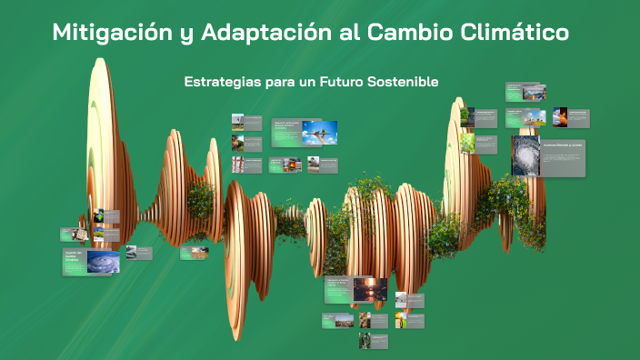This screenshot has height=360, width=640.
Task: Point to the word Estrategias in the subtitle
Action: [220, 82]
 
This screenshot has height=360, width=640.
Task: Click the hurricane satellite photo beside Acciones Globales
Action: [525, 155]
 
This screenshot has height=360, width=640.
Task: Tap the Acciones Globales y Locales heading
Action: [564, 145]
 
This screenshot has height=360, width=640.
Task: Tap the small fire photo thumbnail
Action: [560, 116]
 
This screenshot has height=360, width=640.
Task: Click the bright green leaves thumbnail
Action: [466, 143]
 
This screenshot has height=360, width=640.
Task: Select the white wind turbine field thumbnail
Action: [535, 116]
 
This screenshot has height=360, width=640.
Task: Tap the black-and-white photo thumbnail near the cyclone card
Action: [131, 252]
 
